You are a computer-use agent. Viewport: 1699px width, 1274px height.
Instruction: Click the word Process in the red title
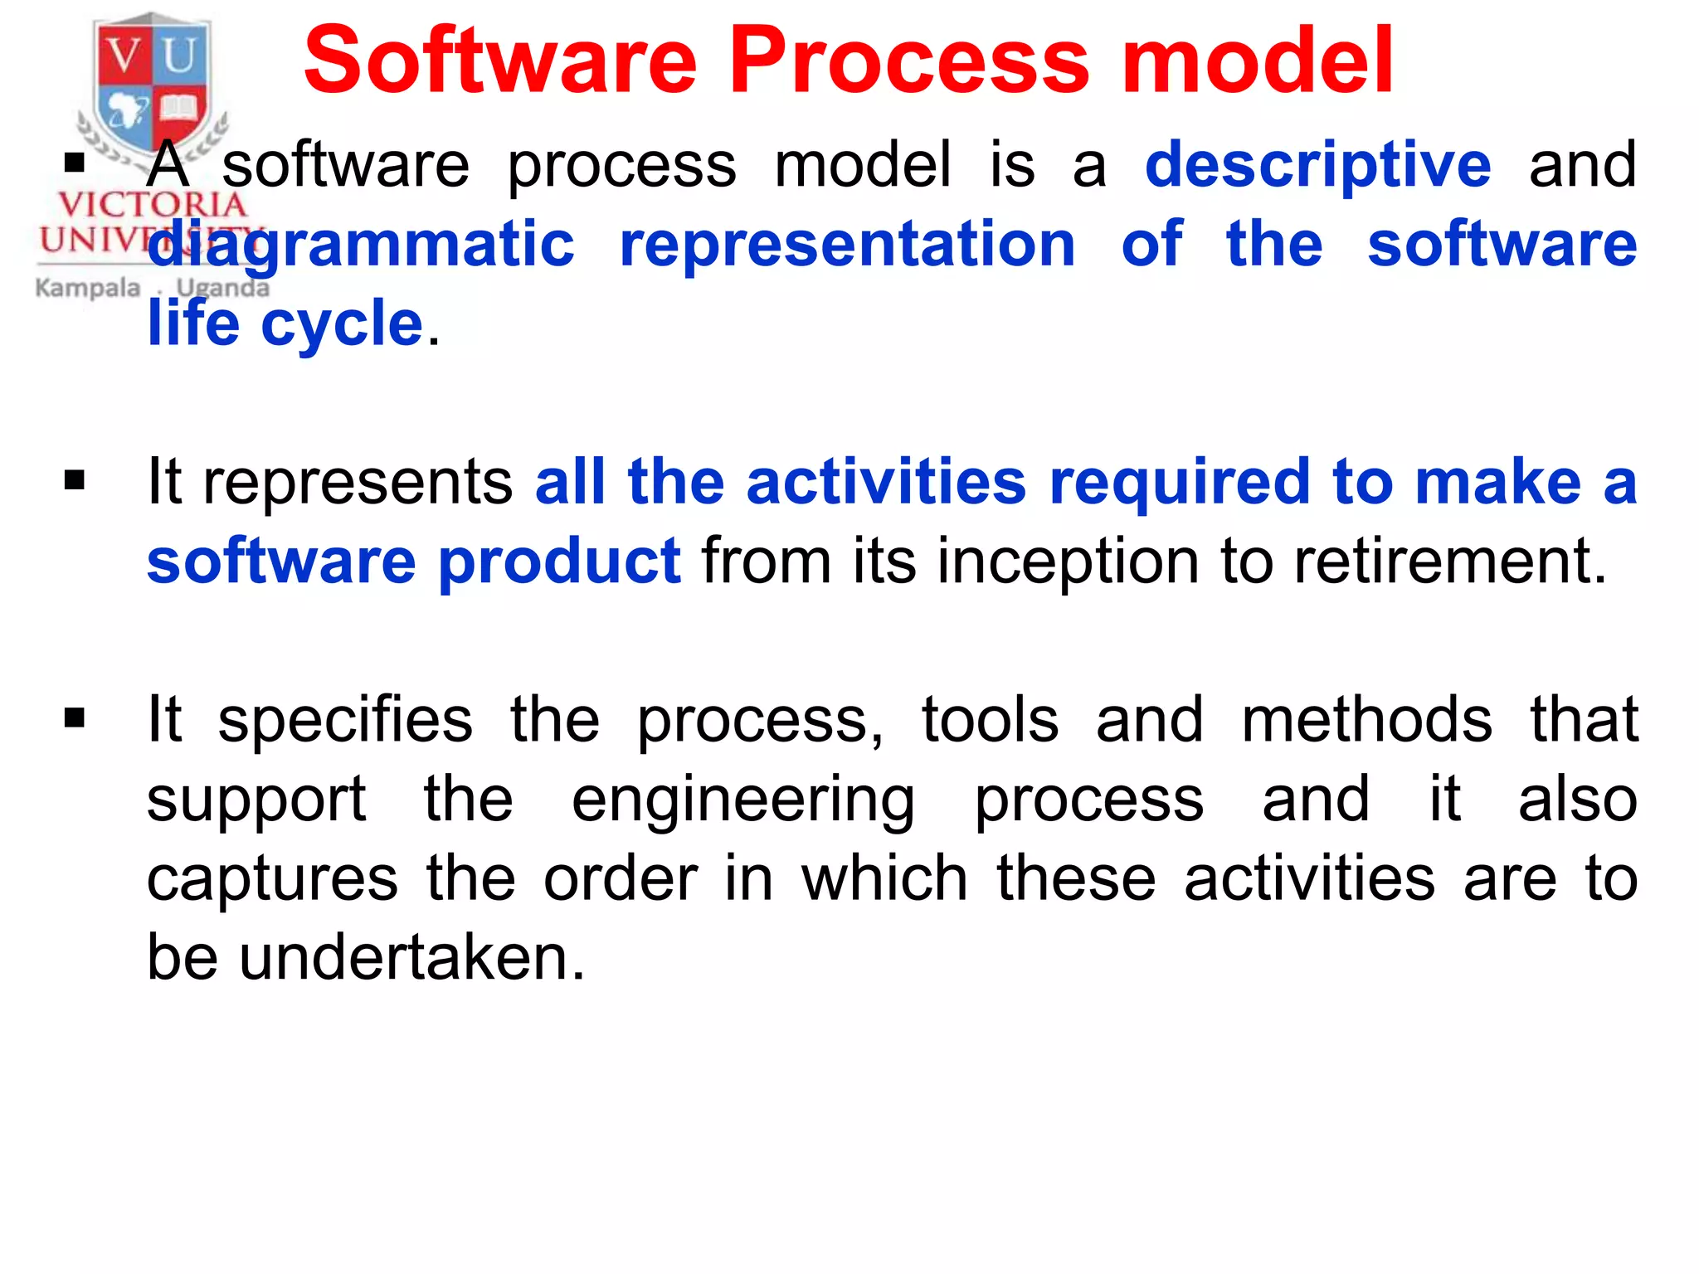point(908,60)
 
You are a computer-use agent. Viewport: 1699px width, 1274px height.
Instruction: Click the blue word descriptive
point(1317,164)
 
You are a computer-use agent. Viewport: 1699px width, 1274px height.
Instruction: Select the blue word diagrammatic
point(361,245)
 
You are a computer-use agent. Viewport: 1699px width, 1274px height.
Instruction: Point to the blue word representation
point(847,245)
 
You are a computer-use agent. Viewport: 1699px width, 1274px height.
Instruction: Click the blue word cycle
point(342,323)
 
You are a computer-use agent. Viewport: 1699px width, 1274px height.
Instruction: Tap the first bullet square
point(75,163)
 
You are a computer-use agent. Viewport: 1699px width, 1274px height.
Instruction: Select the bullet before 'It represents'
point(75,480)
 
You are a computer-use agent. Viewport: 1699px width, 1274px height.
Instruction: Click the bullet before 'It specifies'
point(75,717)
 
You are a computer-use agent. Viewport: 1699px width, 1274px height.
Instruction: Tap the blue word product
point(559,562)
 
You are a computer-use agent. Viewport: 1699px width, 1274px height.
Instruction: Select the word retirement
point(1450,562)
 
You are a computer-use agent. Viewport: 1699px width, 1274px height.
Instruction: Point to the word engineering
point(743,800)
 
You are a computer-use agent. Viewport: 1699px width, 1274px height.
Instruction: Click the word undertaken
point(412,958)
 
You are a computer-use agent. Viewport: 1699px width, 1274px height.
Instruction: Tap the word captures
point(272,879)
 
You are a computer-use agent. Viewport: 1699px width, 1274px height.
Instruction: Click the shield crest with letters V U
point(151,83)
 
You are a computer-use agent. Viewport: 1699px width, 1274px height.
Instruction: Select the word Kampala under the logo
point(88,288)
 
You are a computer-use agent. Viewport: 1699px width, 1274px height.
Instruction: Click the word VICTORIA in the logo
point(152,205)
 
